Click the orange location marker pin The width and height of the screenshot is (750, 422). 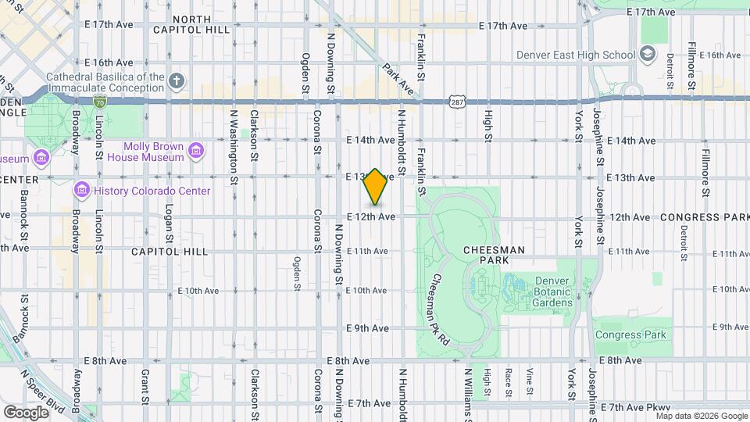click(x=376, y=187)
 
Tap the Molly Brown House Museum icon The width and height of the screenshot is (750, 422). click(x=196, y=149)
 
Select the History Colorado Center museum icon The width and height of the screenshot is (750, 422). click(x=82, y=191)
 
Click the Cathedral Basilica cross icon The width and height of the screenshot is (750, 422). click(x=177, y=80)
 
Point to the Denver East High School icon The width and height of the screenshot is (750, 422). click(x=647, y=54)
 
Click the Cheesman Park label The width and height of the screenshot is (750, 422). click(x=493, y=256)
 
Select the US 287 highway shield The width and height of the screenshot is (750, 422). click(x=458, y=102)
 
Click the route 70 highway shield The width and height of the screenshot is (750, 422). click(x=98, y=102)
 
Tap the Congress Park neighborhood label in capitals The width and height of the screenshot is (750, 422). click(x=704, y=216)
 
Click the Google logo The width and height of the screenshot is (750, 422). click(x=26, y=412)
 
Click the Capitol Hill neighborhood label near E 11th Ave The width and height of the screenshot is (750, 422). click(x=170, y=252)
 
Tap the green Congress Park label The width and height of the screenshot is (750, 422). click(x=630, y=334)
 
